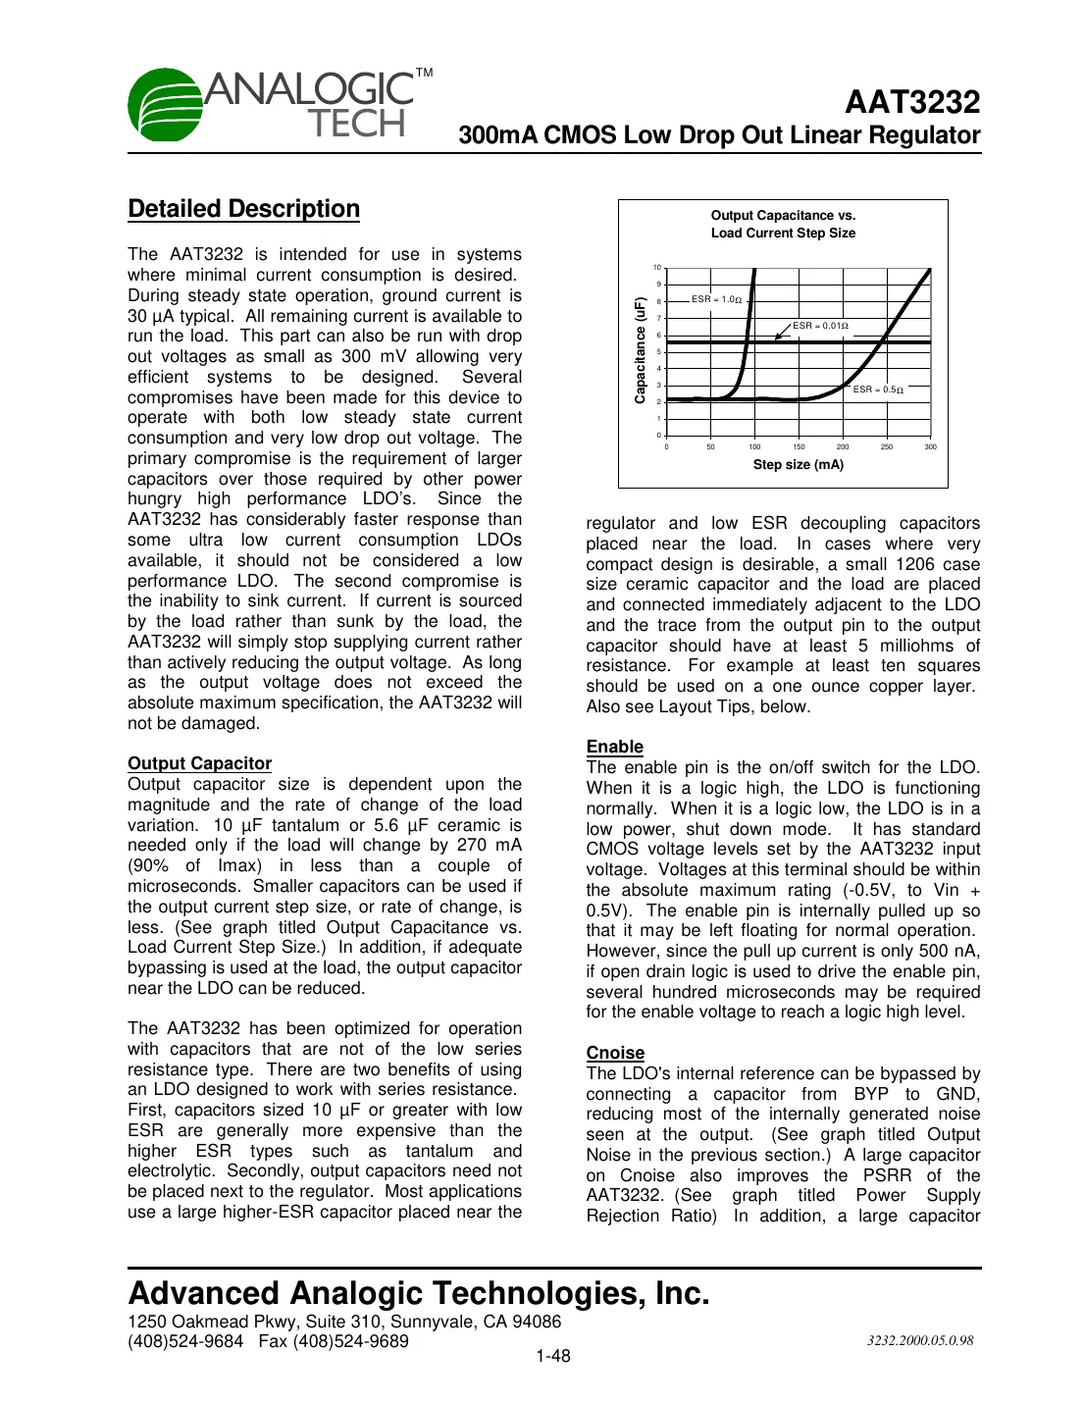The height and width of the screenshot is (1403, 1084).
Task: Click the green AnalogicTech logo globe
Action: pyautogui.click(x=167, y=105)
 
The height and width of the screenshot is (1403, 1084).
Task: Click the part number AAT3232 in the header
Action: pyautogui.click(x=912, y=102)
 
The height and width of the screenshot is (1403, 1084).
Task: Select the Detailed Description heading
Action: pyautogui.click(x=243, y=209)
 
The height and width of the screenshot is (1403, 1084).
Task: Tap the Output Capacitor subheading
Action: pyautogui.click(x=199, y=763)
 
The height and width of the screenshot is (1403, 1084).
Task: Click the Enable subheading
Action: pyautogui.click(x=614, y=747)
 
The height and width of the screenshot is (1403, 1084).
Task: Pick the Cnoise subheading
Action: pyautogui.click(x=615, y=1053)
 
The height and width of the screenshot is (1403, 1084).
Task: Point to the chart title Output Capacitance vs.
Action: pyautogui.click(x=783, y=216)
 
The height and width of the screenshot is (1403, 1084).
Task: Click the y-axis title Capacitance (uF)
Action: pyautogui.click(x=640, y=350)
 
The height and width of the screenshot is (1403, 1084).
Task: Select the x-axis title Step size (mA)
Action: pyautogui.click(x=798, y=465)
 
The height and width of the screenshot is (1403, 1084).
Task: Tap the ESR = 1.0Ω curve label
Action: pyautogui.click(x=716, y=299)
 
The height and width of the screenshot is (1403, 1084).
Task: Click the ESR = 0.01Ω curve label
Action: pyautogui.click(x=820, y=326)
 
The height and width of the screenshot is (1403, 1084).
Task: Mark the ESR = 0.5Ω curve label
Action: pyautogui.click(x=877, y=390)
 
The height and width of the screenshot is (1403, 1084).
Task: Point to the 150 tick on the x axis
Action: pyautogui.click(x=799, y=447)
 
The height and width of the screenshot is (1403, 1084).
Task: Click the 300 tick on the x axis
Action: pyautogui.click(x=930, y=447)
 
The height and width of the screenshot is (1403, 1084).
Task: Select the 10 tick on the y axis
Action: pyautogui.click(x=657, y=268)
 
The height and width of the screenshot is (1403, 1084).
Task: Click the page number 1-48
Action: pyautogui.click(x=552, y=1356)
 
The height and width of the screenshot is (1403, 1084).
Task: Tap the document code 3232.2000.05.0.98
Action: pyautogui.click(x=919, y=1340)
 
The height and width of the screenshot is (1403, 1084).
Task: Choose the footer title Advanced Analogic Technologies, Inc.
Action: pyautogui.click(x=418, y=1293)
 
